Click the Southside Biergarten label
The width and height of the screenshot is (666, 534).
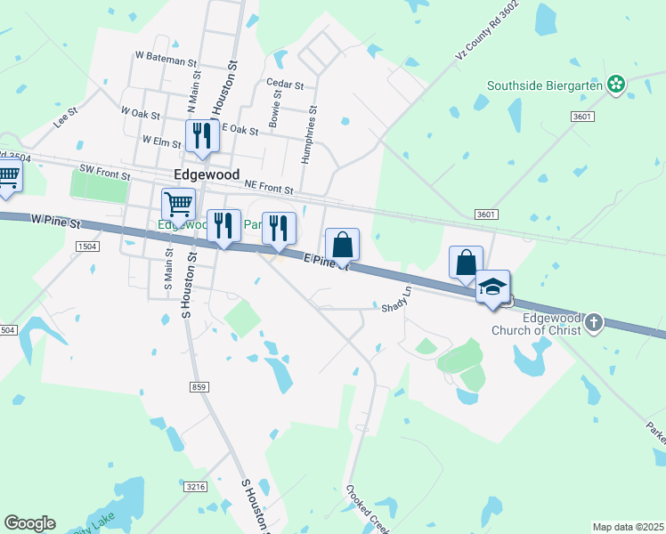pos(545,86)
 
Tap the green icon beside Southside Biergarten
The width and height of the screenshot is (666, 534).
pos(615,85)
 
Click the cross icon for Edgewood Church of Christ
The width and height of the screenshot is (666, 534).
pos(595,323)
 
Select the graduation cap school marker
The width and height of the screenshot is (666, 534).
pos(492,287)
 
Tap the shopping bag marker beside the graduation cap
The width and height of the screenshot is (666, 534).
pos(466,263)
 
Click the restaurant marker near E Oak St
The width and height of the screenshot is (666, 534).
pos(201,135)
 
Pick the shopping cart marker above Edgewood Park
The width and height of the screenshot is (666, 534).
pos(178,205)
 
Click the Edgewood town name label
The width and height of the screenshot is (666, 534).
pos(207,175)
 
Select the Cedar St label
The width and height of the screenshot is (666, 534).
pos(285,85)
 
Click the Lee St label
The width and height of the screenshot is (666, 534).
pos(66,118)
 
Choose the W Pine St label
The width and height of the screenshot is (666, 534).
pos(55,217)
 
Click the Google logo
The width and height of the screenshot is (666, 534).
pos(29,523)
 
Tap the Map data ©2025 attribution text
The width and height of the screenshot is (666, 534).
pos(627,527)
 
